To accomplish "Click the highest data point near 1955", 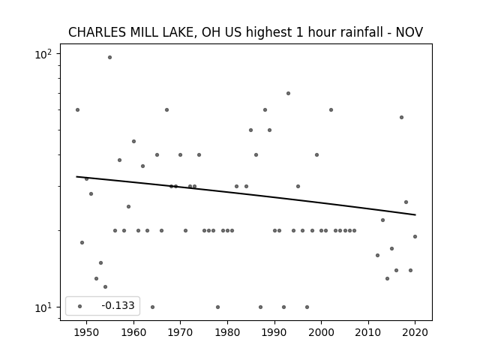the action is coord(110,58).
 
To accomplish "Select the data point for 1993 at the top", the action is coord(288,93).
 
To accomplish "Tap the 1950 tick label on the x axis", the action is coord(87,333).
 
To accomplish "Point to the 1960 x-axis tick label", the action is coord(133,333).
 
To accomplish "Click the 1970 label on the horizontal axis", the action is coord(180,333).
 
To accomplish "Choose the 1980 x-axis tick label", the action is coord(227,333).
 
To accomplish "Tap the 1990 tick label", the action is coord(274,333).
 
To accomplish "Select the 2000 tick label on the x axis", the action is coord(322,333).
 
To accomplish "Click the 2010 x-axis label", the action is coord(368,333).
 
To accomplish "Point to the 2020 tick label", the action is coord(415,333).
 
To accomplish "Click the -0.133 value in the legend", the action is coord(118,305).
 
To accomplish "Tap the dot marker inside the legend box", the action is coord(80,306).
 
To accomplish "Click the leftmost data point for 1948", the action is coord(77,110).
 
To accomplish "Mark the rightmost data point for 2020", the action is coord(415,237).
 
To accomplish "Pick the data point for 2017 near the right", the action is coord(402,118).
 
